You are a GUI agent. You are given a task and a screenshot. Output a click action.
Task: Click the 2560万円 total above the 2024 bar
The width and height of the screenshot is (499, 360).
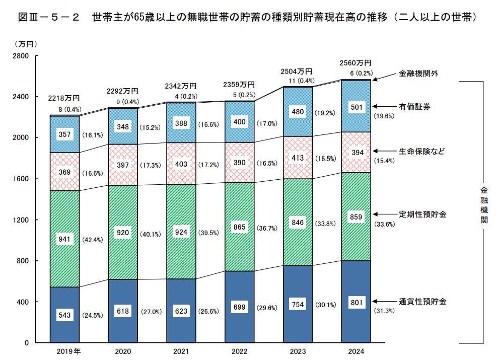point(356,63)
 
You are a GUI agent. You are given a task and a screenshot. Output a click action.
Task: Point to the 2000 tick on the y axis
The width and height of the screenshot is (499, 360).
point(21,137)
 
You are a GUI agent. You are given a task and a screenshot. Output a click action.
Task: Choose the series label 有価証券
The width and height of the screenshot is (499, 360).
point(414,107)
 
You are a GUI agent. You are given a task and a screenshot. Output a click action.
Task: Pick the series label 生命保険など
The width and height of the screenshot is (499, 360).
point(422,151)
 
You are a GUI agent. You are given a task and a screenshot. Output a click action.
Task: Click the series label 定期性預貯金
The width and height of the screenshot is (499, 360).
point(422,214)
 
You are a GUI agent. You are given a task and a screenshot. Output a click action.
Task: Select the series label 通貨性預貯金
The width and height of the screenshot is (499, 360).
point(422,302)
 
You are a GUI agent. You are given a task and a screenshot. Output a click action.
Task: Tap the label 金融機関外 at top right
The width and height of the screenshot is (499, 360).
point(418,73)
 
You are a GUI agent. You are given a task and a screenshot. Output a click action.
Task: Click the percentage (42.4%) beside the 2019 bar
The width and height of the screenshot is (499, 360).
point(92,240)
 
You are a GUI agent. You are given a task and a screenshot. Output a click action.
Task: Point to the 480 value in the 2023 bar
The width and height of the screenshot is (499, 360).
point(298,112)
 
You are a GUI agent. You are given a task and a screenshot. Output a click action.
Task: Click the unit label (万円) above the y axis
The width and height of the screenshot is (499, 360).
point(25,44)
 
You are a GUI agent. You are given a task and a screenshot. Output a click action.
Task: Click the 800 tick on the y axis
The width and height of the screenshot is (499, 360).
point(23,261)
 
